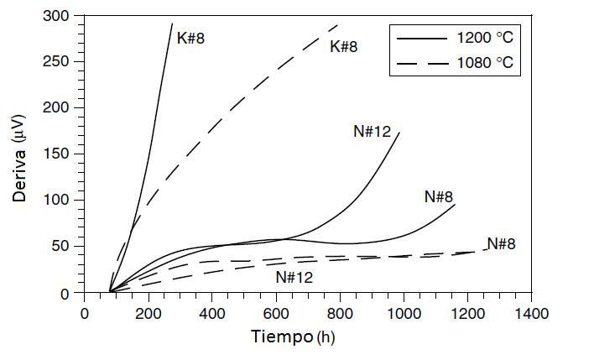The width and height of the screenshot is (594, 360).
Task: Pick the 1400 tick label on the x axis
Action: click(532, 313)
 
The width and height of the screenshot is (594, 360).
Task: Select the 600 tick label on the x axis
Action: click(276, 313)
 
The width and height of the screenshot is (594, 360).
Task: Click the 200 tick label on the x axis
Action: click(148, 313)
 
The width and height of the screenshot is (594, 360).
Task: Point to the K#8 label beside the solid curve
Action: click(190, 38)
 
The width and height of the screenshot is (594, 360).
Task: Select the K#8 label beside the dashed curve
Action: click(344, 47)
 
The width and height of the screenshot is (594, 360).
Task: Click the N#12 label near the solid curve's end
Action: click(373, 131)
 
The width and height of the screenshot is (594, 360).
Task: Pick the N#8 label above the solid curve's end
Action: click(439, 197)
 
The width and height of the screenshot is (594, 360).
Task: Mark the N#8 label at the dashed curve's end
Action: click(501, 244)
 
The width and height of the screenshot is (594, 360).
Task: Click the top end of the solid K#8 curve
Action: click(172, 24)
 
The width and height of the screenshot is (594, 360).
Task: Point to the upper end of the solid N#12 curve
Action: click(399, 133)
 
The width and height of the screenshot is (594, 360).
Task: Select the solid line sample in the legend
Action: click(420, 38)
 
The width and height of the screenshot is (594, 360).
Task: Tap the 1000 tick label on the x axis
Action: click(404, 313)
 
